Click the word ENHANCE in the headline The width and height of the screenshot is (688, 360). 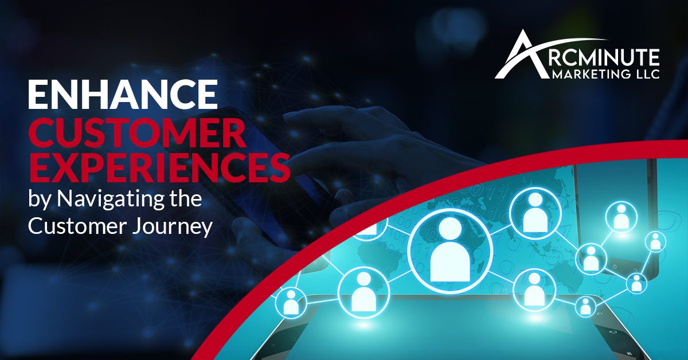click(123, 93)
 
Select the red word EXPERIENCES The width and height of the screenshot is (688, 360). click(159, 168)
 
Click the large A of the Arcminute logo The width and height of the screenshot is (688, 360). click(522, 55)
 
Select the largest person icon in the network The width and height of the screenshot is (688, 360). click(450, 251)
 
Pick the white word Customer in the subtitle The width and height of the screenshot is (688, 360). click(77, 226)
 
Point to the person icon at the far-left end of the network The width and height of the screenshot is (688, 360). click(291, 302)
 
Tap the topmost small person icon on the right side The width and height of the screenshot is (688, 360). click(621, 217)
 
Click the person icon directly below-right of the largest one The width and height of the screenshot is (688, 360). click(534, 291)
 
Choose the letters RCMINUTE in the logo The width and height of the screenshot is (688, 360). click(604, 58)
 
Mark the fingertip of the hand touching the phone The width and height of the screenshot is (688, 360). click(289, 118)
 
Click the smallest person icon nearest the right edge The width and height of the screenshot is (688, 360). click(655, 241)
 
